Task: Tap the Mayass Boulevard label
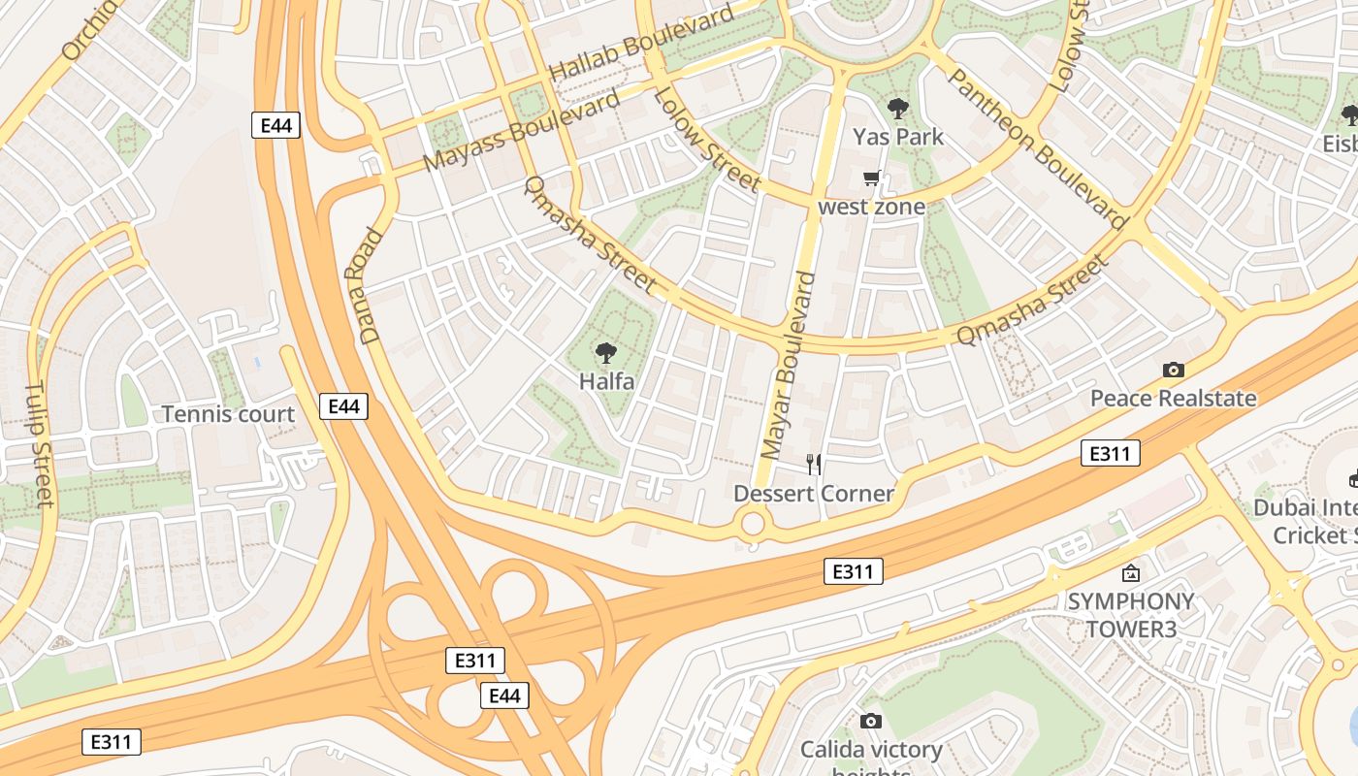[521, 131]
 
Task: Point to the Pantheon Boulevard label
[1035, 148]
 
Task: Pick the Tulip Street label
[38, 444]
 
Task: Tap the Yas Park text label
[898, 137]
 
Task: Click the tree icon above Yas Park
[898, 109]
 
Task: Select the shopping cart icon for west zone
[871, 178]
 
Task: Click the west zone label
[871, 207]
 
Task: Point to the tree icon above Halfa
[606, 353]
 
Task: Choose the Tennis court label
[228, 414]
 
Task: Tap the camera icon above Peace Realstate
[1173, 370]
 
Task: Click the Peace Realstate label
[1173, 398]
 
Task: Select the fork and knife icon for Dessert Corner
[814, 465]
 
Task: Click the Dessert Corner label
[813, 494]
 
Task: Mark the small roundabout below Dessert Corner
[753, 525]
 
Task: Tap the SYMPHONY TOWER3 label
[1131, 615]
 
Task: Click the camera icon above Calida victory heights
[871, 721]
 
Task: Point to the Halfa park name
[606, 381]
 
